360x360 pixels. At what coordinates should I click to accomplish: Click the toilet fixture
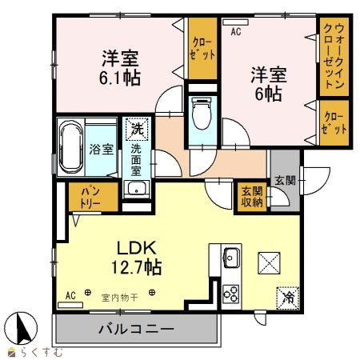(x=202, y=113)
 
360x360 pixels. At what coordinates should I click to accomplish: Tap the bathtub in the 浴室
(x=71, y=146)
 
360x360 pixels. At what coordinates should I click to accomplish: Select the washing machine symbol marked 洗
(x=138, y=129)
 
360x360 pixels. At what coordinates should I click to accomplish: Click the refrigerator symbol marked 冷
(x=287, y=298)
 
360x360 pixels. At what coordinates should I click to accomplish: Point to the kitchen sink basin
(x=231, y=257)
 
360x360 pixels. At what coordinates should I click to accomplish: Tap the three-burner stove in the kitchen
(x=231, y=294)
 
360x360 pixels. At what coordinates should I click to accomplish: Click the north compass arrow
(x=22, y=329)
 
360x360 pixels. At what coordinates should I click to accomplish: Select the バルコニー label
(x=136, y=329)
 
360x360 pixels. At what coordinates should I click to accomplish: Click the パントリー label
(x=90, y=198)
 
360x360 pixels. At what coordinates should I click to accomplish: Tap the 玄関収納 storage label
(x=252, y=197)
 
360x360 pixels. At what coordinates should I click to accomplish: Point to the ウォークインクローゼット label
(x=334, y=56)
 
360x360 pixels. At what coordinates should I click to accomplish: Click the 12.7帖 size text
(x=136, y=267)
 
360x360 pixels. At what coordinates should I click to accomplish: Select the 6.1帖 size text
(x=120, y=78)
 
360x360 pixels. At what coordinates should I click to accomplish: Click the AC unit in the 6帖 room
(x=235, y=22)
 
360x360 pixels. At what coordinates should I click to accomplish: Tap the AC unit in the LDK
(x=70, y=305)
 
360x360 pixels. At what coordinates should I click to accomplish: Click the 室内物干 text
(x=120, y=298)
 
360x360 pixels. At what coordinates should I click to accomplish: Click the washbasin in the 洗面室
(x=137, y=189)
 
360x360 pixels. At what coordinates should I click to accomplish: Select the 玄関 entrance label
(x=286, y=181)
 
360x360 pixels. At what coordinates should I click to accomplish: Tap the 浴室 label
(x=101, y=149)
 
